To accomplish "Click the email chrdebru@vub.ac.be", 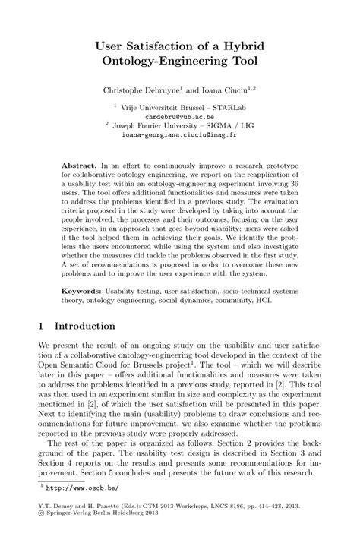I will click(x=179, y=118).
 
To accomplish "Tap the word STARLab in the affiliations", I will click(x=233, y=108).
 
